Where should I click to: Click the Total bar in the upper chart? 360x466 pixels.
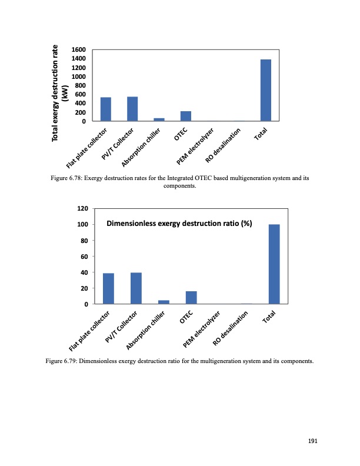(266, 90)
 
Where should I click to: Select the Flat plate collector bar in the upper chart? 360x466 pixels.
(106, 109)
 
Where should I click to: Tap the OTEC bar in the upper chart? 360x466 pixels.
(186, 116)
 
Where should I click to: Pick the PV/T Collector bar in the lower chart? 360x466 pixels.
(136, 288)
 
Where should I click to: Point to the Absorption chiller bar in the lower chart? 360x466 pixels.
(164, 302)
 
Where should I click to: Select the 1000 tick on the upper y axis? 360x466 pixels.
(79, 76)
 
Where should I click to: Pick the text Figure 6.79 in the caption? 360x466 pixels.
(61, 361)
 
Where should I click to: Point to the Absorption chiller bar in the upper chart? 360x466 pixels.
(159, 119)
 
